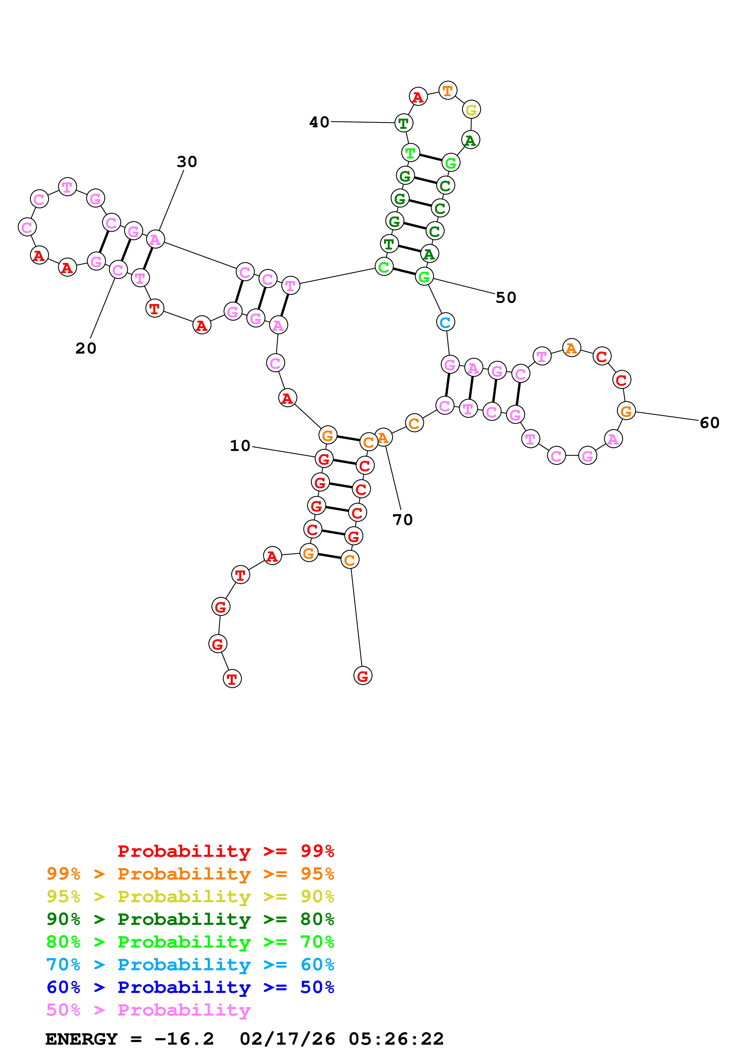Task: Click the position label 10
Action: click(240, 446)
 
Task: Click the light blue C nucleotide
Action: click(445, 322)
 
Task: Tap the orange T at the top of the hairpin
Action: click(447, 90)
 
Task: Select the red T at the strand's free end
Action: click(232, 679)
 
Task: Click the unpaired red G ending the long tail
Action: click(363, 676)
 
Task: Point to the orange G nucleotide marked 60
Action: click(626, 410)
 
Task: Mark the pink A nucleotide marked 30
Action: click(155, 239)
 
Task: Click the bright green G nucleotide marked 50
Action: click(424, 276)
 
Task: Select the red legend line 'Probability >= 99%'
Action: click(225, 851)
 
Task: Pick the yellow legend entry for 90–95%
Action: click(190, 896)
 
